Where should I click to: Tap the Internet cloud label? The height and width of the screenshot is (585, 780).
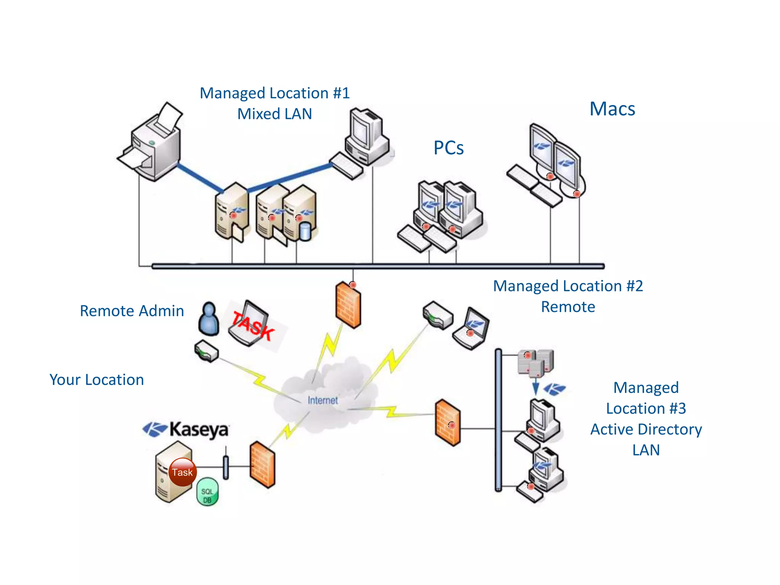[x=323, y=400]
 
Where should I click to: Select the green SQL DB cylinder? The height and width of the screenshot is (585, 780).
[x=208, y=492]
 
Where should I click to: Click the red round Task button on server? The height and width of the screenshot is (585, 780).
[x=182, y=472]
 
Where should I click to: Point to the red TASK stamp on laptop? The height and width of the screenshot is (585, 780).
[x=253, y=326]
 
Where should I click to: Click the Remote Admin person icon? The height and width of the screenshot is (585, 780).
[x=209, y=319]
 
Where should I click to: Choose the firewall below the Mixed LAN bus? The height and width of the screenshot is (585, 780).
[x=348, y=305]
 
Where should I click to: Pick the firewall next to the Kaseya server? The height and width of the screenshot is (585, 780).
[x=262, y=465]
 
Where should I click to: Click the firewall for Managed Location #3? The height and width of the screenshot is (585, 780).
[x=448, y=423]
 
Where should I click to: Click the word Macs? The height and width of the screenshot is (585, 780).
[x=612, y=109]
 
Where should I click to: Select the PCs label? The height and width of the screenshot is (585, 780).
[x=448, y=148]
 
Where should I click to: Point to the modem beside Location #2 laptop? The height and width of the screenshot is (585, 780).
[x=438, y=315]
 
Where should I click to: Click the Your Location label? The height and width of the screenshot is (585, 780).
[x=97, y=380]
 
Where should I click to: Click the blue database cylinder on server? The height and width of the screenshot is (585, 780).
[x=305, y=232]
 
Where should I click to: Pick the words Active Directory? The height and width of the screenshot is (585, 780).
[x=646, y=429]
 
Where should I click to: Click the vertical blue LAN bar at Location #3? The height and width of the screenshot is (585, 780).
[x=498, y=419]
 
